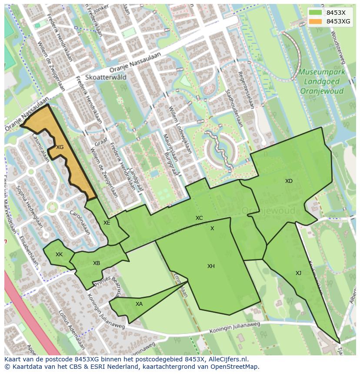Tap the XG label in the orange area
click(x=60, y=147)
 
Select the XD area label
click(x=289, y=181)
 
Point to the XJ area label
click(x=298, y=273)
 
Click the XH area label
click(x=211, y=266)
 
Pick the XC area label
click(x=199, y=218)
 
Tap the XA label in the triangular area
click(x=139, y=304)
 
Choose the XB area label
click(x=97, y=263)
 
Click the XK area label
click(x=59, y=255)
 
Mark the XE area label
click(x=107, y=223)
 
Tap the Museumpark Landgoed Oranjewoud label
click(x=322, y=81)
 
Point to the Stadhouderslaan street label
click(x=233, y=108)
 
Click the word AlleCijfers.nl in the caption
click(x=227, y=360)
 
